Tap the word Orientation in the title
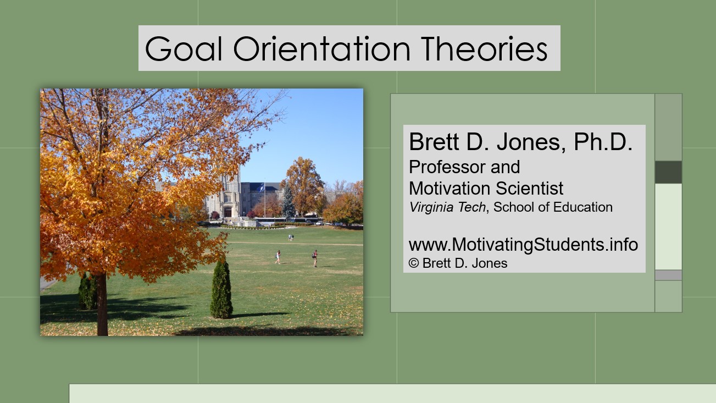(x=321, y=48)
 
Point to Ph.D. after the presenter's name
(x=603, y=142)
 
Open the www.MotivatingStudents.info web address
(x=523, y=244)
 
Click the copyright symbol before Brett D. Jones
(x=414, y=263)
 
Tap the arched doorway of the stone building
(x=227, y=212)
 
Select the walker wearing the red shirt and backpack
(x=315, y=257)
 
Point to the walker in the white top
(x=278, y=257)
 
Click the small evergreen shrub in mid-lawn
(x=221, y=290)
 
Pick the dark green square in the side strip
(x=668, y=172)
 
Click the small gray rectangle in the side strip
(x=668, y=275)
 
